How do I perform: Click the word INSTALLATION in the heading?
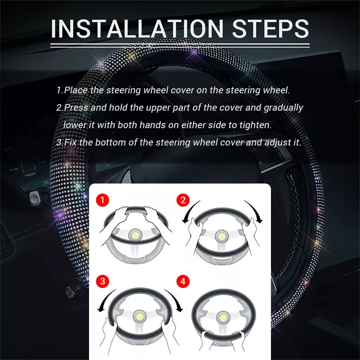[137, 28]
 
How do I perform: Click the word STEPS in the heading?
[271, 28]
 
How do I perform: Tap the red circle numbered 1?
[103, 200]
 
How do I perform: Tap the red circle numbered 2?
[183, 200]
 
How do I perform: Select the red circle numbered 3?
[103, 281]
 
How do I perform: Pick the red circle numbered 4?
[183, 281]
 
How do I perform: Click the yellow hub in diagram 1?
[135, 235]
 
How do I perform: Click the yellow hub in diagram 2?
[221, 237]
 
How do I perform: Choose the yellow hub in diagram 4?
[223, 318]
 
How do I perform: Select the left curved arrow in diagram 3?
[104, 300]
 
